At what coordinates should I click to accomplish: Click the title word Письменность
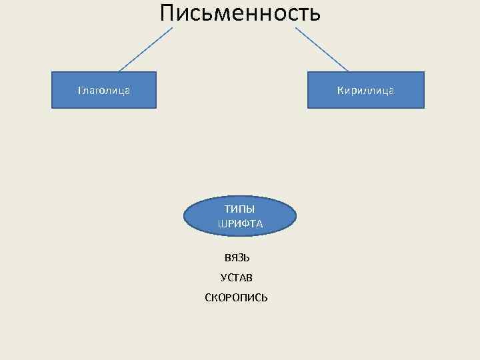click(x=240, y=13)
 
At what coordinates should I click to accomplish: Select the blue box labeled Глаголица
click(x=104, y=90)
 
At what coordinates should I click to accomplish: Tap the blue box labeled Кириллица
click(x=365, y=90)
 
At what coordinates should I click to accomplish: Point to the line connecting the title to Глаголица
click(x=145, y=49)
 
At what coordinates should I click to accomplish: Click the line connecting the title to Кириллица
click(x=321, y=49)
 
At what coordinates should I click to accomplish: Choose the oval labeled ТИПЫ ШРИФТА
click(x=240, y=216)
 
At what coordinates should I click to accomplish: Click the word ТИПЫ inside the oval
click(x=239, y=209)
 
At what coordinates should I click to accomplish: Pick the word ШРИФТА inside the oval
click(x=240, y=224)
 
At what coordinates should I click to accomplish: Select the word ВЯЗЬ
click(x=237, y=257)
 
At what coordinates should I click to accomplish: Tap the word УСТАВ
click(x=237, y=277)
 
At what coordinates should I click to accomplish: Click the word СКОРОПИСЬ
click(x=237, y=297)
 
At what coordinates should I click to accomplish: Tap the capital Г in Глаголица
click(x=80, y=90)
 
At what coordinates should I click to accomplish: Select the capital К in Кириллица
click(x=340, y=90)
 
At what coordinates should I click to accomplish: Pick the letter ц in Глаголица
click(x=119, y=91)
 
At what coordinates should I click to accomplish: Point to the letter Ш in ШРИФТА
click(x=221, y=224)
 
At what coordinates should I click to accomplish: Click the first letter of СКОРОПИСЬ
click(x=208, y=297)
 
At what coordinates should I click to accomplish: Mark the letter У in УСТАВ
click(x=223, y=277)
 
